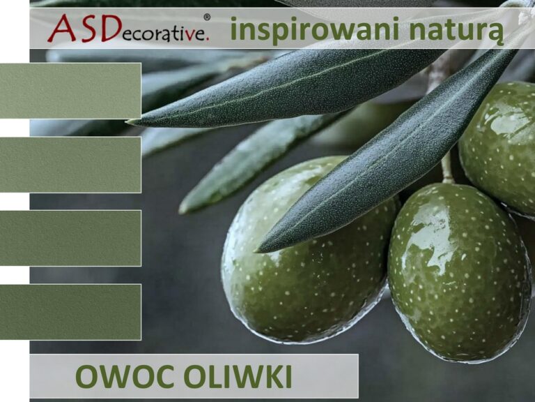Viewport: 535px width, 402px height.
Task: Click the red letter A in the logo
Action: point(61,29)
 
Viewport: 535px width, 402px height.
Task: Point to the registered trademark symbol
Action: point(207,17)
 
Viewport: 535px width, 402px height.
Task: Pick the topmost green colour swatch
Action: point(70,91)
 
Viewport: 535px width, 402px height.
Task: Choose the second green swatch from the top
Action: point(70,165)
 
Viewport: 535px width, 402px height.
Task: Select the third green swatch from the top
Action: point(70,238)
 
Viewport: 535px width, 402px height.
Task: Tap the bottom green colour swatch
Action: point(70,312)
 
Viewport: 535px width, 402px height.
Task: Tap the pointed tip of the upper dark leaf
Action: point(130,123)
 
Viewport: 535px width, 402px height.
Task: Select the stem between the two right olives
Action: point(447,167)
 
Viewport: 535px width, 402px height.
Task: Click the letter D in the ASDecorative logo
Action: point(109,29)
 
